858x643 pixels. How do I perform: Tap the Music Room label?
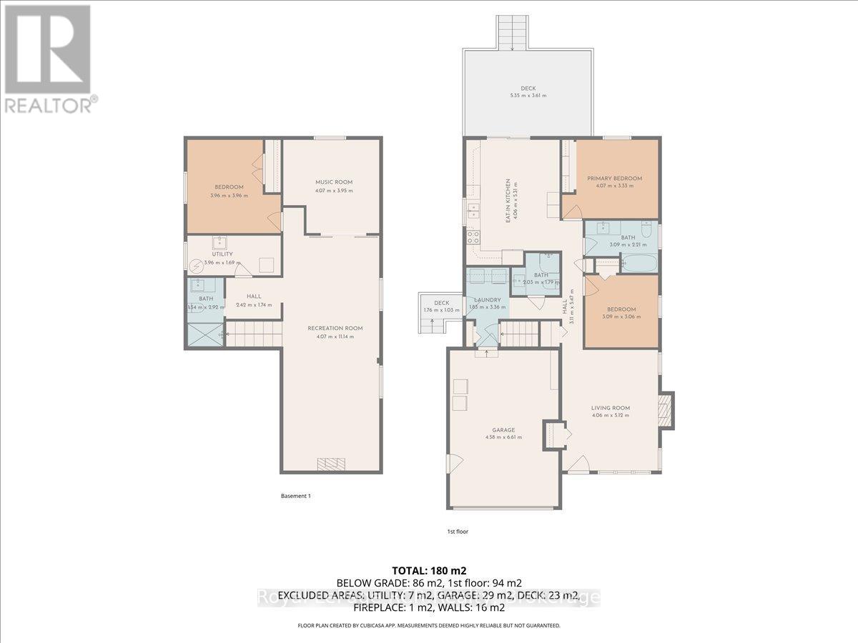point(334,182)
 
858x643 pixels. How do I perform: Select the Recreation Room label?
point(335,329)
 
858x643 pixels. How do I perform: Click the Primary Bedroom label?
point(614,179)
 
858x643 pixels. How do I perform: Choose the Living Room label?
point(610,408)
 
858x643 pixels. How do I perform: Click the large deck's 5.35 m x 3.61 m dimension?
point(528,95)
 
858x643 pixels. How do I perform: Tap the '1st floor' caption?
point(452,532)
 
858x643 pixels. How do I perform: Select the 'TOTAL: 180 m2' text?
point(428,571)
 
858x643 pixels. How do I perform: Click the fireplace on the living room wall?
point(666,410)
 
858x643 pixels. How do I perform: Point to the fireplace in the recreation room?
point(331,464)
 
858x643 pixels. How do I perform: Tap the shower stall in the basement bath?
point(205,334)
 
